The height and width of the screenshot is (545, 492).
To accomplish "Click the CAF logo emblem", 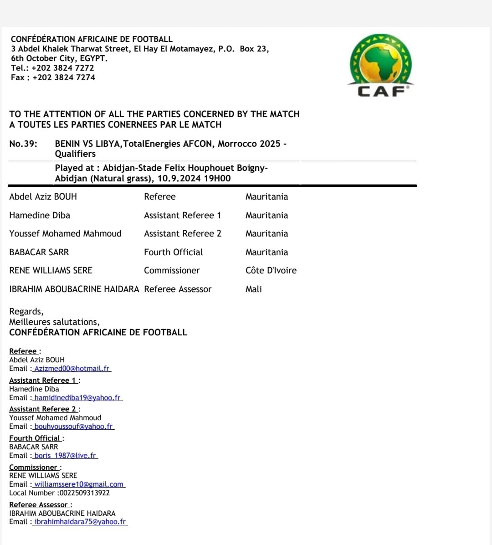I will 381,64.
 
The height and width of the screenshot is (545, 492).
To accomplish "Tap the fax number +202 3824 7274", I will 64,77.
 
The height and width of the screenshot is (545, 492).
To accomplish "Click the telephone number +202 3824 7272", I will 63,68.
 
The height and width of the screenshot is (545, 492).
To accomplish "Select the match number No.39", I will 23,144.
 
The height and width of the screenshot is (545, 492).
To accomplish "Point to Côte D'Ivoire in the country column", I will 271,271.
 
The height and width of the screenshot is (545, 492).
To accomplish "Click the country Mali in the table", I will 254,289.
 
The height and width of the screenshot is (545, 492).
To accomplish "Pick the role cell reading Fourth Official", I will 174,252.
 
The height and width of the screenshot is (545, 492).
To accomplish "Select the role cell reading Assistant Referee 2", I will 183,234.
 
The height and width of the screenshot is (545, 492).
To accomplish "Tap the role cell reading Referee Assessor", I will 178,289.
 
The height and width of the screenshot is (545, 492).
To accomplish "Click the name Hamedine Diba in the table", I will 40,216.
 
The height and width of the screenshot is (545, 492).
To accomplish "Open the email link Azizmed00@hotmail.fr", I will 72,369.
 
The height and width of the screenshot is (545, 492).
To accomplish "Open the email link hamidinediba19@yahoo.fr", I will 77,398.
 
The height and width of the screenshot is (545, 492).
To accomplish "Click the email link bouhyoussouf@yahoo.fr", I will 73,427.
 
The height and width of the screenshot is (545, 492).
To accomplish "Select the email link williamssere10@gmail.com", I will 79,484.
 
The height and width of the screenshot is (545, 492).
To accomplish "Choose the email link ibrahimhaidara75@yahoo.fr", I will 80,522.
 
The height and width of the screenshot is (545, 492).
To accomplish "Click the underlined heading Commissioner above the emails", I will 33,468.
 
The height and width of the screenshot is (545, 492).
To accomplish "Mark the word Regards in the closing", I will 26,312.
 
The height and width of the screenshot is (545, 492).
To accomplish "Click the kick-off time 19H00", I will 217,179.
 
